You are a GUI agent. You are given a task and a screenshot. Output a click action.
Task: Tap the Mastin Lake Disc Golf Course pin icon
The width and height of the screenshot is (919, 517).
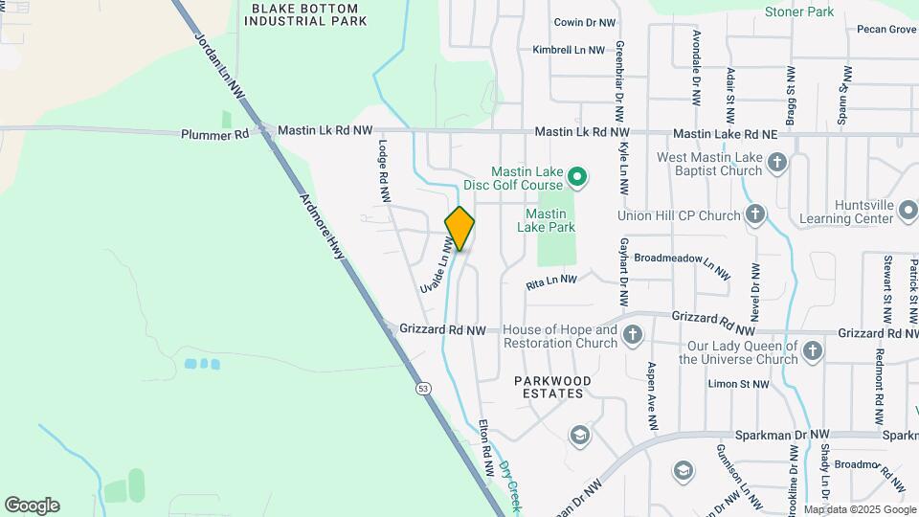coord(576,176)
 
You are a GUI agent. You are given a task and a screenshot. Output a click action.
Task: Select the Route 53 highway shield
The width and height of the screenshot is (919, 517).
coord(422,389)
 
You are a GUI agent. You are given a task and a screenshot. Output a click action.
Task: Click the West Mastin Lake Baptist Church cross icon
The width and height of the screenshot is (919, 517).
coord(777,163)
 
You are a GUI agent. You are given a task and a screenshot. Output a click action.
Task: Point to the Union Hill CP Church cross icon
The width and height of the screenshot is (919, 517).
coord(755,214)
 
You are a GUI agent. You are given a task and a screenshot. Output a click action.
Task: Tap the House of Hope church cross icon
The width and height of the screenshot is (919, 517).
coord(632,335)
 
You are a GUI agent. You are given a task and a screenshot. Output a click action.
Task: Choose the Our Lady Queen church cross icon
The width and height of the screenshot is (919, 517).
coord(812,351)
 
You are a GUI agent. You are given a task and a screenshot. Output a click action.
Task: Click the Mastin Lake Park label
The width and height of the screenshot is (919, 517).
coord(546,220)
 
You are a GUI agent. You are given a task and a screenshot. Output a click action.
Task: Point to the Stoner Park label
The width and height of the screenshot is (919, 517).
coord(798,12)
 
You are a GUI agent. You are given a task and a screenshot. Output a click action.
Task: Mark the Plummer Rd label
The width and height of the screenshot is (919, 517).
coord(214,134)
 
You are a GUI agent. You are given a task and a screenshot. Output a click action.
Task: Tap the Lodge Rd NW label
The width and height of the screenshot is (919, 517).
coord(384,171)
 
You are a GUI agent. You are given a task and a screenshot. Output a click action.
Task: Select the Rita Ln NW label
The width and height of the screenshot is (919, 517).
coord(551,281)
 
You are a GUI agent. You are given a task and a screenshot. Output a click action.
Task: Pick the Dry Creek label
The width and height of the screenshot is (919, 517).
coord(510,483)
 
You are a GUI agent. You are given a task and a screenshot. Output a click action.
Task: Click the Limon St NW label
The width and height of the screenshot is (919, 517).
coord(737,384)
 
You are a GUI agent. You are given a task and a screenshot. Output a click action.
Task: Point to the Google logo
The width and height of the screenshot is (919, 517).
coord(32,505)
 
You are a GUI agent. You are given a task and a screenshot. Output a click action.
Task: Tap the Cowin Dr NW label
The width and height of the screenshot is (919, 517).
coord(585,22)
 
